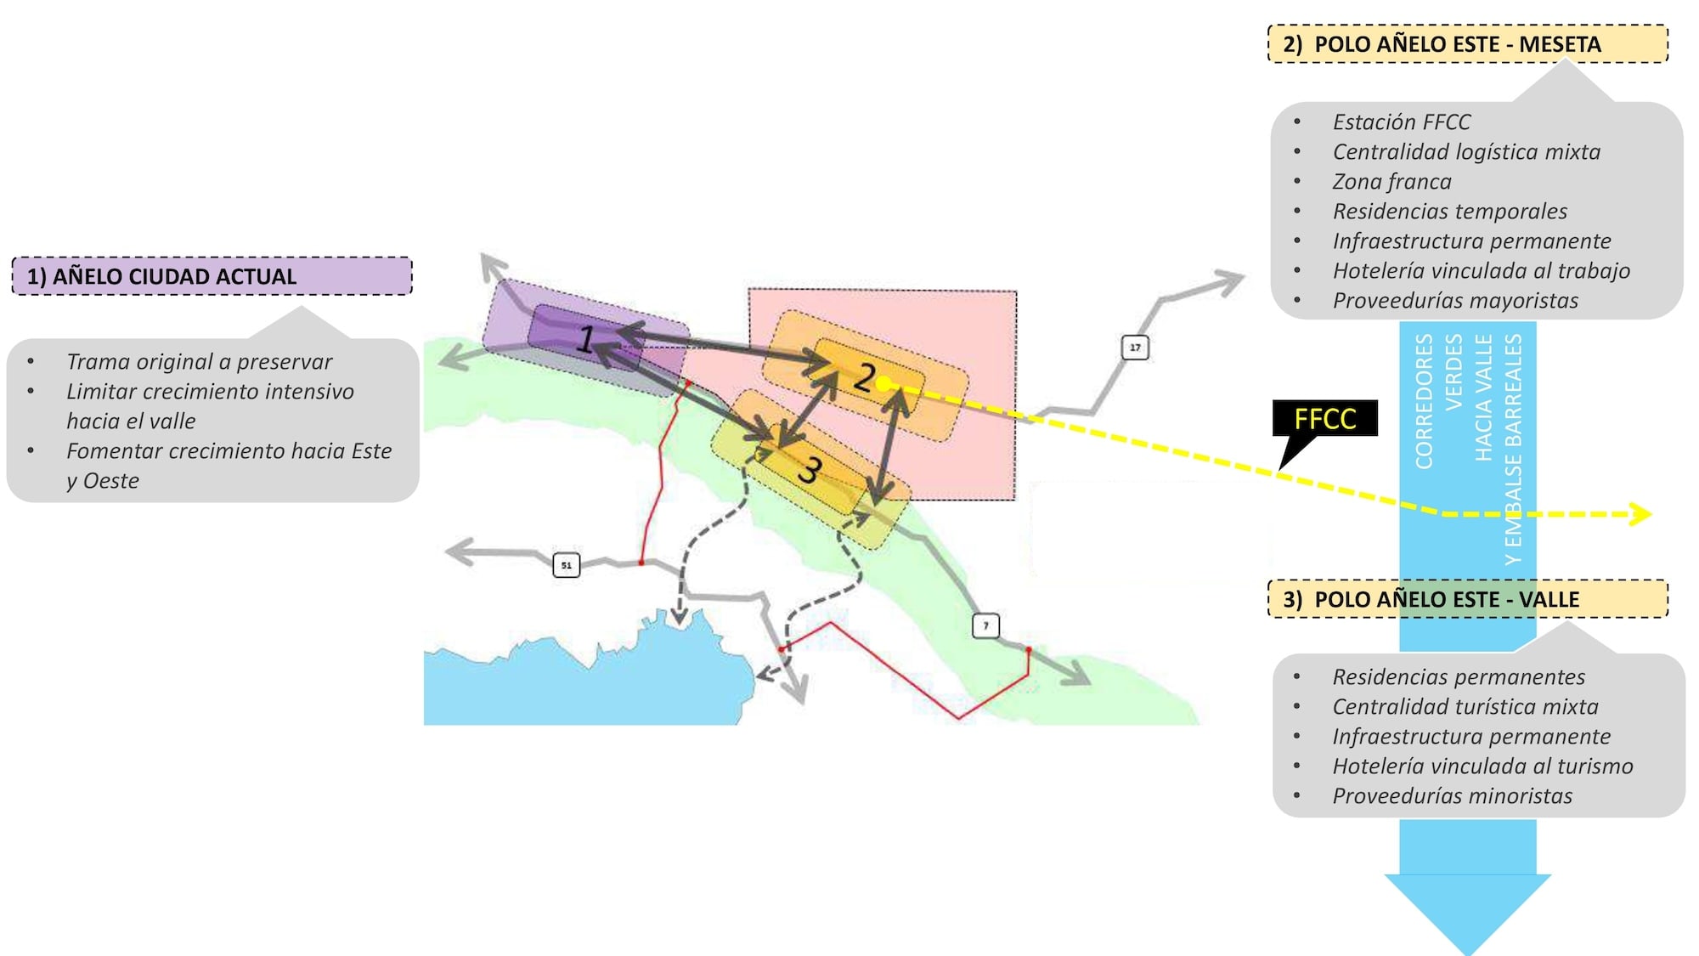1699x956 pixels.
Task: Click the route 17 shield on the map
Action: point(1135,348)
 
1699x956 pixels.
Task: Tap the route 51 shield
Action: point(566,565)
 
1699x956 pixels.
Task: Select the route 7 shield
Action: point(985,626)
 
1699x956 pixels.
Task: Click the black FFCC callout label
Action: point(1324,419)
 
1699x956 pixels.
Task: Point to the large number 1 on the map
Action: point(585,339)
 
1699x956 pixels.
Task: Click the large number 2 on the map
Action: point(865,377)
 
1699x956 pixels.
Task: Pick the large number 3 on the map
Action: point(810,469)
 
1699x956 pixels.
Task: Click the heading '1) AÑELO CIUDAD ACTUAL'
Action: point(161,277)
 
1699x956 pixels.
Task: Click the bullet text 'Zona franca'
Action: point(1391,182)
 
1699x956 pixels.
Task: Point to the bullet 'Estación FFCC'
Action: point(1401,122)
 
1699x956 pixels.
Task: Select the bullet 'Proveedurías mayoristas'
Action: point(1454,301)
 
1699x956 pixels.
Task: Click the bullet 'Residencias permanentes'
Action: point(1458,677)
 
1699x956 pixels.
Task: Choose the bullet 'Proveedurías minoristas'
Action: point(1452,796)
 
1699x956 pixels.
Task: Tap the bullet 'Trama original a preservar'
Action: point(199,362)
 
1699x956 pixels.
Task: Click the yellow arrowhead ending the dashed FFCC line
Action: point(1641,514)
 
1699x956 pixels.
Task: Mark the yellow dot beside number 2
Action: point(883,384)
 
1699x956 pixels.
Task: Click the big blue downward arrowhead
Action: point(1467,909)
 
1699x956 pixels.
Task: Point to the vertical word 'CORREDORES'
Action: point(1424,401)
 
